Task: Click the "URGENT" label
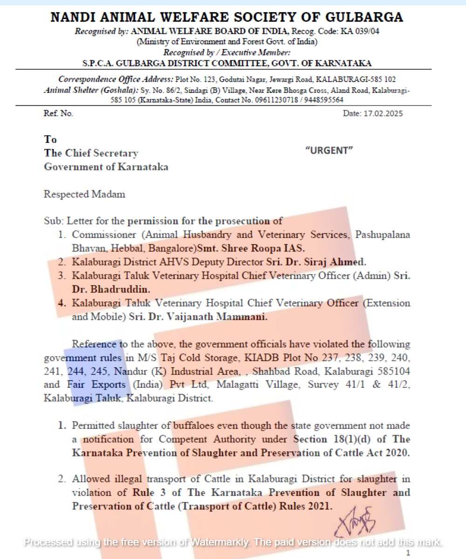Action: coord(329,150)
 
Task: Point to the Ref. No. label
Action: coord(58,113)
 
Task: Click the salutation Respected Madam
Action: coord(84,194)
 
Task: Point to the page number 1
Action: coord(408,553)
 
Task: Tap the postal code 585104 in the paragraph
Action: coord(395,372)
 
